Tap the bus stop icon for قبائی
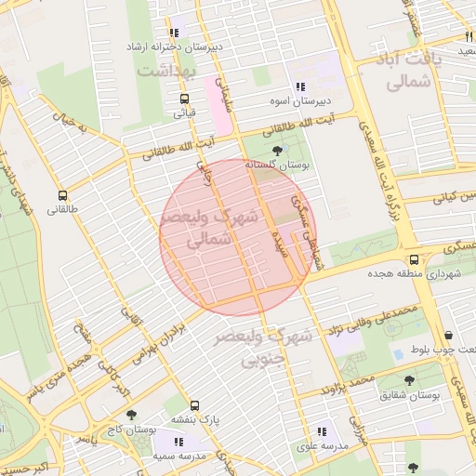point(183,99)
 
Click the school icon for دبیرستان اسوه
point(299,86)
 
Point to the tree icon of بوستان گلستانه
point(276,151)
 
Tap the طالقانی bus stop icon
point(62,196)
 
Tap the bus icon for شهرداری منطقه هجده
point(414,259)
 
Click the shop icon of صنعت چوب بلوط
point(449,336)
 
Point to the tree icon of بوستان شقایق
point(409,380)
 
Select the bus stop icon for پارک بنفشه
point(194,406)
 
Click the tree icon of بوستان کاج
point(130,415)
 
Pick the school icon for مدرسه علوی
point(321,432)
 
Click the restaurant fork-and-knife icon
point(469,35)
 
